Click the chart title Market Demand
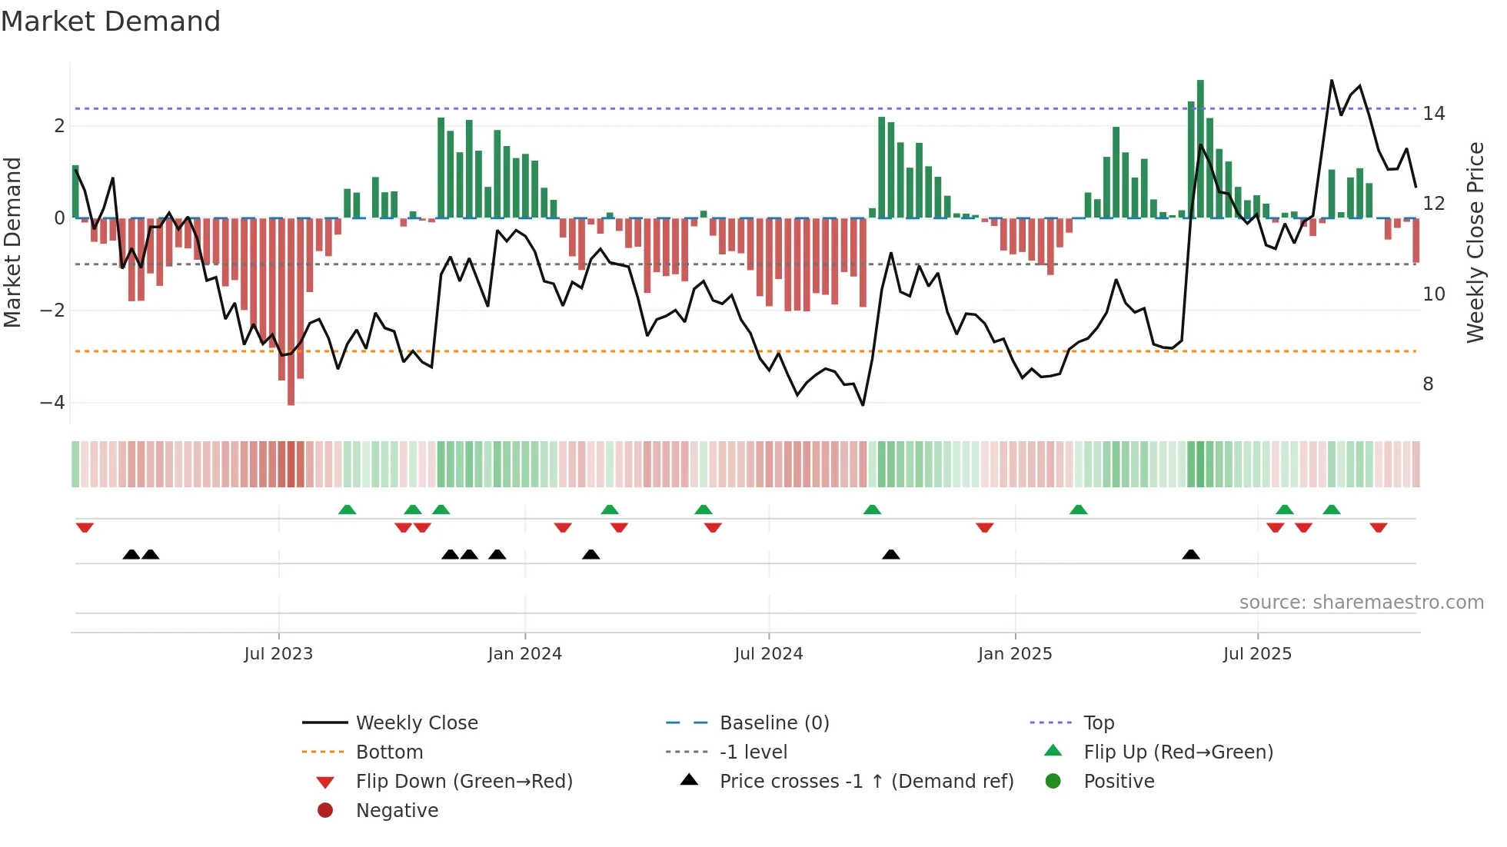(111, 22)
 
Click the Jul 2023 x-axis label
(278, 654)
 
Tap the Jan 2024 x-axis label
(525, 654)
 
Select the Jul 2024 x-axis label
(769, 654)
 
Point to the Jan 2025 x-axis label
(1015, 654)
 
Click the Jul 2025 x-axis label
(1258, 654)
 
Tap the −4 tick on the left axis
(52, 403)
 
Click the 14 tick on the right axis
(1434, 114)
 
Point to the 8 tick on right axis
(1429, 384)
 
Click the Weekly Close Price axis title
(1475, 242)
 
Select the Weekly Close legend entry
(417, 723)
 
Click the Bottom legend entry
(389, 752)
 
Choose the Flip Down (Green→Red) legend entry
(464, 782)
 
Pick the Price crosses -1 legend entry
(867, 782)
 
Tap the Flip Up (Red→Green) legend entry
(1178, 752)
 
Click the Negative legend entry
(397, 811)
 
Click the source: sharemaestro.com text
(1361, 603)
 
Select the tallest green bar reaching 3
(1200, 146)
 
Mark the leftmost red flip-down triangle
(85, 527)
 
